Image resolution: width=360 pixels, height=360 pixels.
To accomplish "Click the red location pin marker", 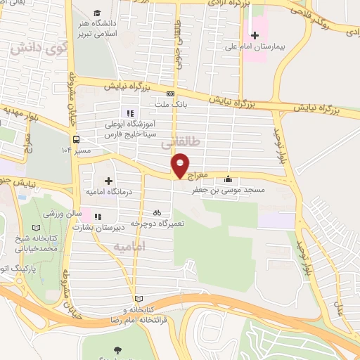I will [x=181, y=165].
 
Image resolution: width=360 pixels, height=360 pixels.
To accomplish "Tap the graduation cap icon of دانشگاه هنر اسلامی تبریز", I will [x=96, y=13].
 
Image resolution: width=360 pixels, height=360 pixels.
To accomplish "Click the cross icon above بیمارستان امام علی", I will [x=255, y=35].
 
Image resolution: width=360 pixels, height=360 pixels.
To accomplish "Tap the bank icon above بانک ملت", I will [x=169, y=94].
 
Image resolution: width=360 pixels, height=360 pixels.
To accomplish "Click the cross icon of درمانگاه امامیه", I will [x=108, y=181].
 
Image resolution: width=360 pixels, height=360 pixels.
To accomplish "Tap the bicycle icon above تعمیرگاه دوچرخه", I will [x=157, y=212].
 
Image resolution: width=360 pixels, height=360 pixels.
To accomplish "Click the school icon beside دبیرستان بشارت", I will [x=98, y=217].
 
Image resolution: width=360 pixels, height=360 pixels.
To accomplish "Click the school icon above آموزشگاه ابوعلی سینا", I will [x=129, y=112].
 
